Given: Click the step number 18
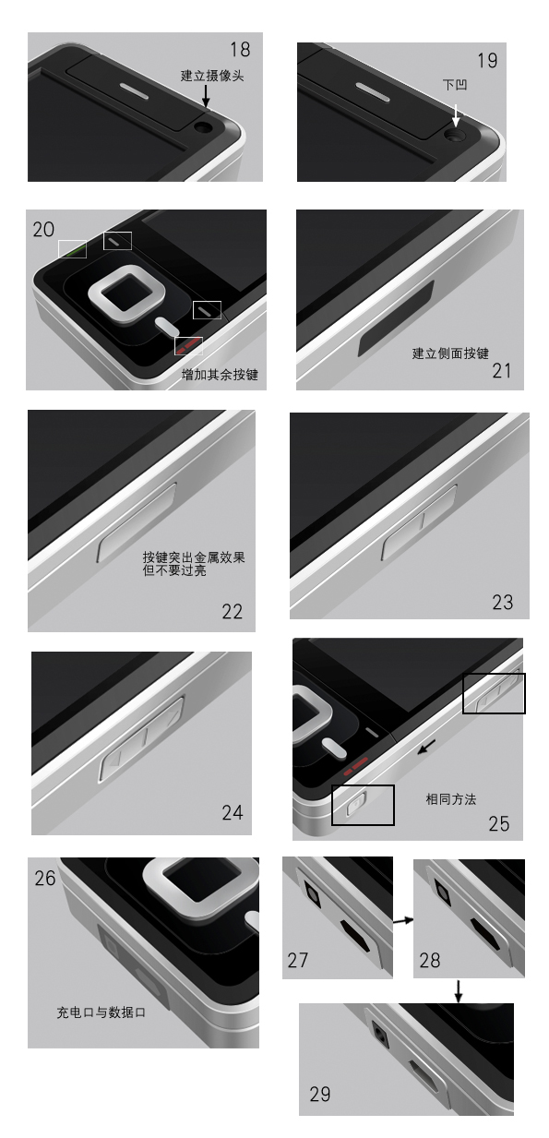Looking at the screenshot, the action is click(x=240, y=49).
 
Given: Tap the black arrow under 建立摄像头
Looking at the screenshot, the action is click(x=206, y=95).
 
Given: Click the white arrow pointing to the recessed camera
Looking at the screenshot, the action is click(x=456, y=115).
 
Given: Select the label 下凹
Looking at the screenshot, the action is click(x=455, y=84).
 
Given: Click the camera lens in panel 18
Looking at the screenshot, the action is click(x=204, y=127).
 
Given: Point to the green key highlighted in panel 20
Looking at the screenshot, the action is click(x=73, y=250).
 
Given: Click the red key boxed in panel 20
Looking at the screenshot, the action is click(x=187, y=346).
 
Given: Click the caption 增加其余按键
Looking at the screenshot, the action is click(x=220, y=375).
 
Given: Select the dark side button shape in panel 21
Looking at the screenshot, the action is click(x=396, y=318).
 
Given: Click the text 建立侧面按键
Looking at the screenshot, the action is click(x=450, y=353).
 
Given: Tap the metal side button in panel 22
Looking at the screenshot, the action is click(x=137, y=522).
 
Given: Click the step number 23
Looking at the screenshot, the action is click(x=502, y=602).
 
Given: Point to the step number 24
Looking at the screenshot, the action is click(x=233, y=812).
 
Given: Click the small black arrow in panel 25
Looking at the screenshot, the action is click(x=426, y=747).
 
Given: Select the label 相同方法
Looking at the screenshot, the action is click(x=451, y=799).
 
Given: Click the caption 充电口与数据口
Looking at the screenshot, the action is click(x=101, y=1012).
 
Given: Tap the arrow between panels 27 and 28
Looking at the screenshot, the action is click(x=403, y=920).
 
